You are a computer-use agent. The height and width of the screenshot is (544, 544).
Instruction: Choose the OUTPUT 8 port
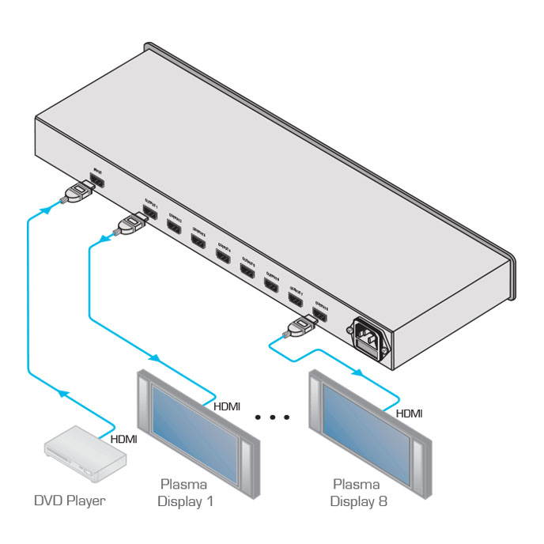[320, 315]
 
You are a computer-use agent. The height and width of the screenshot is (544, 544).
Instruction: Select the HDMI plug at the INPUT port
[77, 193]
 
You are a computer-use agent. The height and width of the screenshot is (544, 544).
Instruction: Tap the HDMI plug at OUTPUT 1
[130, 225]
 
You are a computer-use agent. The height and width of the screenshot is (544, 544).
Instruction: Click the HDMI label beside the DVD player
[123, 439]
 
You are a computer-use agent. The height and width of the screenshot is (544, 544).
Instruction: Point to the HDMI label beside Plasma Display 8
[409, 413]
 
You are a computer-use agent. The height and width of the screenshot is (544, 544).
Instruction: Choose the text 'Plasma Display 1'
[187, 492]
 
